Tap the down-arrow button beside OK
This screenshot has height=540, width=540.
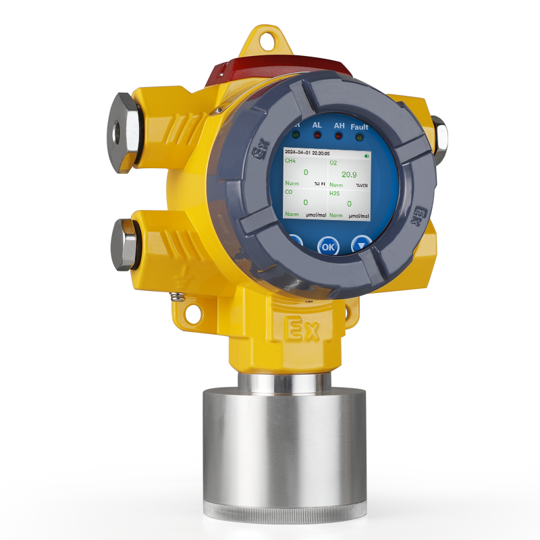(362, 244)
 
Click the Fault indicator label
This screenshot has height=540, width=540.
(360, 127)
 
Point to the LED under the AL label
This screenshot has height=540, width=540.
(317, 136)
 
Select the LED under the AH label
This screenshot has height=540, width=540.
(339, 136)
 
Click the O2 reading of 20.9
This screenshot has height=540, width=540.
(349, 174)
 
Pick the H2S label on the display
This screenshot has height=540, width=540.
(335, 193)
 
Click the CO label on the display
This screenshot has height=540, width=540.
(289, 192)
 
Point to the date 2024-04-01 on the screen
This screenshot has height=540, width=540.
(298, 154)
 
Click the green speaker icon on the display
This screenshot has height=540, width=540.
(367, 155)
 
